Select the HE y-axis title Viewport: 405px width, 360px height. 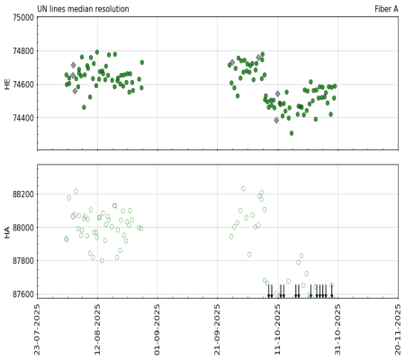pyautogui.click(x=7, y=83)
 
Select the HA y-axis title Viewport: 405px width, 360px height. pyautogui.click(x=7, y=231)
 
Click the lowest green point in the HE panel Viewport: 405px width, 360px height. pyautogui.click(x=292, y=133)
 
